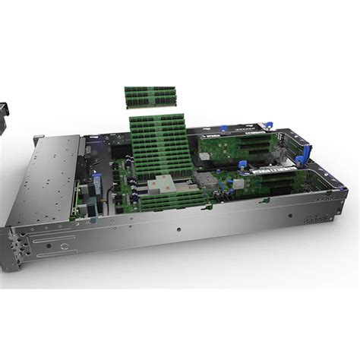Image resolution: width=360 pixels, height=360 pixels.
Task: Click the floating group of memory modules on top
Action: (x=150, y=96)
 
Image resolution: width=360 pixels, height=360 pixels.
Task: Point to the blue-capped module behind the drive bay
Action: (x=97, y=186)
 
